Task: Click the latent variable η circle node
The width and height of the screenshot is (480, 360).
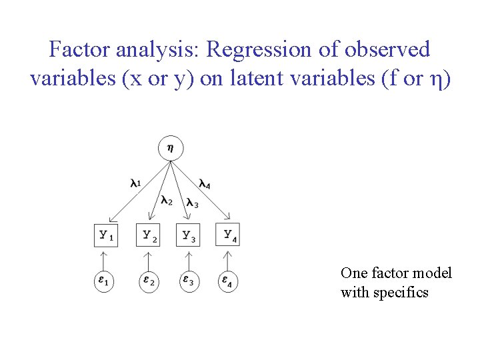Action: click(171, 148)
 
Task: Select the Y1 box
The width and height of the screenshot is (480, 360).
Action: click(105, 235)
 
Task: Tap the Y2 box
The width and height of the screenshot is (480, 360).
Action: click(148, 235)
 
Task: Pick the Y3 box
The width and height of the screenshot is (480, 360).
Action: click(188, 235)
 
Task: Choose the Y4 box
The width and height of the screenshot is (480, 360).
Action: click(228, 235)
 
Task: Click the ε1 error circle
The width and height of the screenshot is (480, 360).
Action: click(105, 281)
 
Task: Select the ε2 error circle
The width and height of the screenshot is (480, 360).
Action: click(148, 281)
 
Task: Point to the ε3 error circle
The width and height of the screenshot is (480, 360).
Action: click(189, 281)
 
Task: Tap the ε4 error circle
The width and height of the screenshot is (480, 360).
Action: click(228, 281)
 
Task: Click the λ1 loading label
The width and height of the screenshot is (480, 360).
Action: click(135, 183)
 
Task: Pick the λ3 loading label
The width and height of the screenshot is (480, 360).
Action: click(192, 203)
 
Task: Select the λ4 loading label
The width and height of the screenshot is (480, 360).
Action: click(205, 183)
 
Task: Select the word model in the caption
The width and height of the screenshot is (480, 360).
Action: click(433, 273)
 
